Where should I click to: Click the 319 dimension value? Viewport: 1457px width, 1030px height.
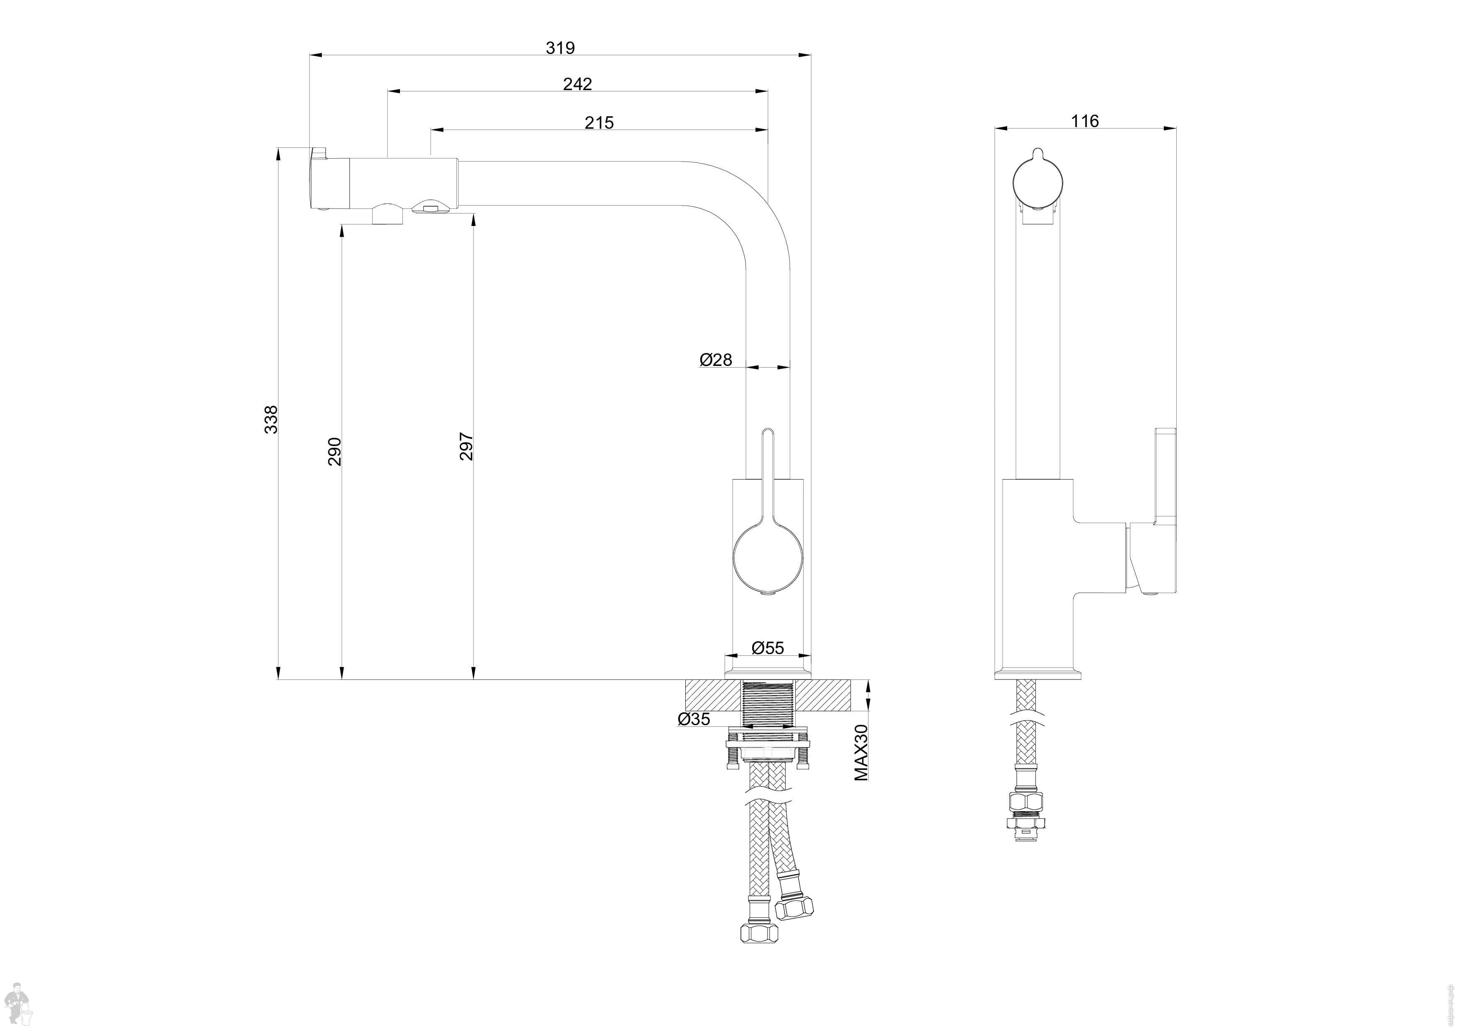(x=560, y=48)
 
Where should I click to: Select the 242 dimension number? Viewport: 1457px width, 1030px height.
(x=577, y=84)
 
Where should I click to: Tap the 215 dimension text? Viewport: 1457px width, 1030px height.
(x=599, y=123)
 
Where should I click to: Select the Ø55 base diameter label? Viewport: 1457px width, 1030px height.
(x=768, y=648)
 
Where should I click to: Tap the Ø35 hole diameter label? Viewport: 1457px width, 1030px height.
(x=694, y=719)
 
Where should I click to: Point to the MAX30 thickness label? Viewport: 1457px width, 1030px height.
(x=861, y=752)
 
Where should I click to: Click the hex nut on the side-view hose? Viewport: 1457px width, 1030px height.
(x=1025, y=802)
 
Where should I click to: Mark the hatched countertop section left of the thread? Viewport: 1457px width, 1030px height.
(x=713, y=696)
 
